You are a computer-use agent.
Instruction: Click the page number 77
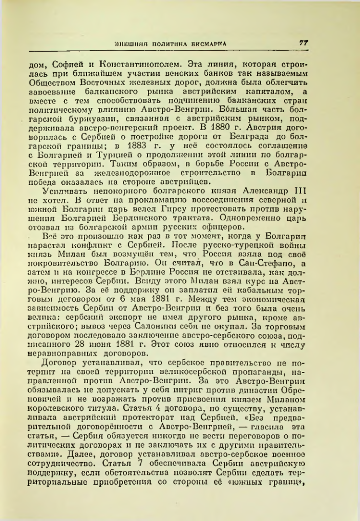pyautogui.click(x=304, y=43)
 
